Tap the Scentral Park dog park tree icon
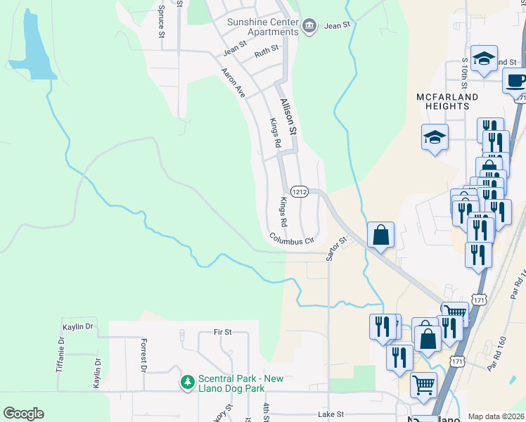click(187, 382)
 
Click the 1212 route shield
click(300, 191)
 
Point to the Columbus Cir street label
click(291, 241)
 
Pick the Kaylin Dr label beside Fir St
click(78, 326)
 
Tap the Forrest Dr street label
click(143, 355)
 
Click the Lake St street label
click(331, 415)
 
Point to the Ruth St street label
click(267, 51)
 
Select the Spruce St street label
click(161, 21)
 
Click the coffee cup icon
click(515, 80)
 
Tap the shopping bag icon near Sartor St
click(380, 235)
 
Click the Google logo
click(23, 414)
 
